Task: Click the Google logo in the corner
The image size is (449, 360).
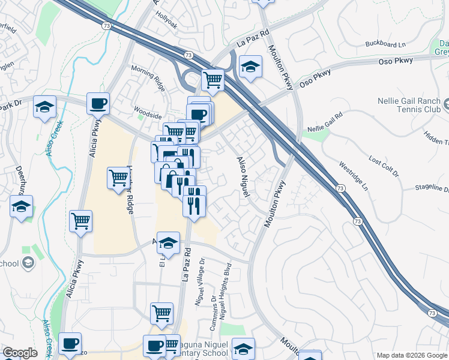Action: pos(20,353)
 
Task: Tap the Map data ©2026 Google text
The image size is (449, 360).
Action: pos(412,355)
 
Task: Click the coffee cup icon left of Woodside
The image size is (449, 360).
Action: pos(98,103)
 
